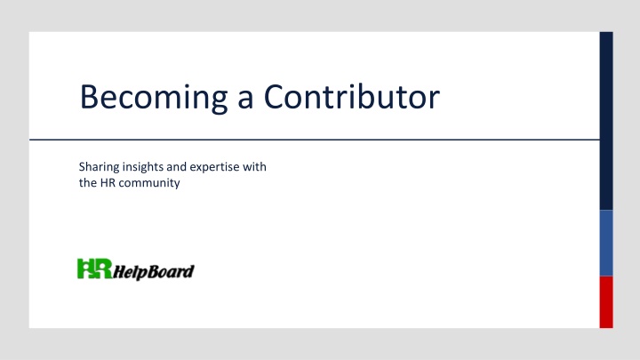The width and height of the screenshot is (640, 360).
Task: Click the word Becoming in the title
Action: pyautogui.click(x=154, y=98)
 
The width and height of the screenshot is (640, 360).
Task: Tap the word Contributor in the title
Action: pyautogui.click(x=352, y=96)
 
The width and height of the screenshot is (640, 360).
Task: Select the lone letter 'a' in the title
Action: pyautogui.click(x=245, y=100)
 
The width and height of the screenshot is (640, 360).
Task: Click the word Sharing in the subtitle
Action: pyautogui.click(x=100, y=167)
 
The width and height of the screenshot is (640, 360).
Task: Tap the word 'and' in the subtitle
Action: pyautogui.click(x=176, y=166)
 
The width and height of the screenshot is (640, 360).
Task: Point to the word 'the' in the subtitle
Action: pyautogui.click(x=88, y=182)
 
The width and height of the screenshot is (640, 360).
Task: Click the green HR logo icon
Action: pyautogui.click(x=95, y=268)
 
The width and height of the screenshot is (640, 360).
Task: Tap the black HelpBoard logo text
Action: pyautogui.click(x=154, y=272)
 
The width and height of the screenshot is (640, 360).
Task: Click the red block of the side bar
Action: pyautogui.click(x=606, y=302)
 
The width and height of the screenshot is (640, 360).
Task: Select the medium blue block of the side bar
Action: pyautogui.click(x=606, y=244)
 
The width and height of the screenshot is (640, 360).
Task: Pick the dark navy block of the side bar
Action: pyautogui.click(x=606, y=121)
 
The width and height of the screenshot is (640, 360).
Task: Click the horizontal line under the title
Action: pyautogui.click(x=315, y=140)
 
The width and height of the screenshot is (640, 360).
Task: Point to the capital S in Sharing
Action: pyautogui.click(x=82, y=166)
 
